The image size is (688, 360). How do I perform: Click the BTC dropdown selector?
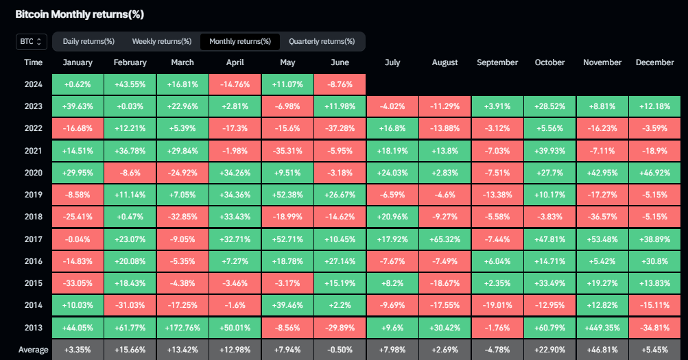click(x=32, y=42)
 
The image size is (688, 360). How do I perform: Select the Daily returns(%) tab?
click(x=88, y=42)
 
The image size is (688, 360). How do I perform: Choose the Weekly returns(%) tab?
click(x=162, y=42)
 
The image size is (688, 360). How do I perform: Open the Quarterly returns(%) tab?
click(x=322, y=42)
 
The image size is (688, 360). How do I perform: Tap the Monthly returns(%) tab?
click(x=240, y=42)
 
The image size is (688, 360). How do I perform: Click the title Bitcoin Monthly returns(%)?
click(x=80, y=14)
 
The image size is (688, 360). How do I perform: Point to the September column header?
click(x=497, y=62)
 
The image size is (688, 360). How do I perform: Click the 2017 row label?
click(x=33, y=239)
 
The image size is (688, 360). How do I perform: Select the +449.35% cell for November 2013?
click(x=602, y=328)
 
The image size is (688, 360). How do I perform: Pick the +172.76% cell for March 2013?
click(x=182, y=328)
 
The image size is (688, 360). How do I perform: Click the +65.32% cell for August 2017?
click(x=444, y=239)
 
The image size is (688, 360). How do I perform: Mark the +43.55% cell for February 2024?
click(x=130, y=84)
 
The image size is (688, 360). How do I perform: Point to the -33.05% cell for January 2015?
click(x=78, y=283)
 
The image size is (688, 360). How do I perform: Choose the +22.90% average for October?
click(x=549, y=350)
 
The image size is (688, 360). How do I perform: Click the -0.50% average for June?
click(x=340, y=350)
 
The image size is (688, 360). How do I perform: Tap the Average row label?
click(x=33, y=350)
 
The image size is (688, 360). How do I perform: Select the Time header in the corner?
click(x=33, y=62)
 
